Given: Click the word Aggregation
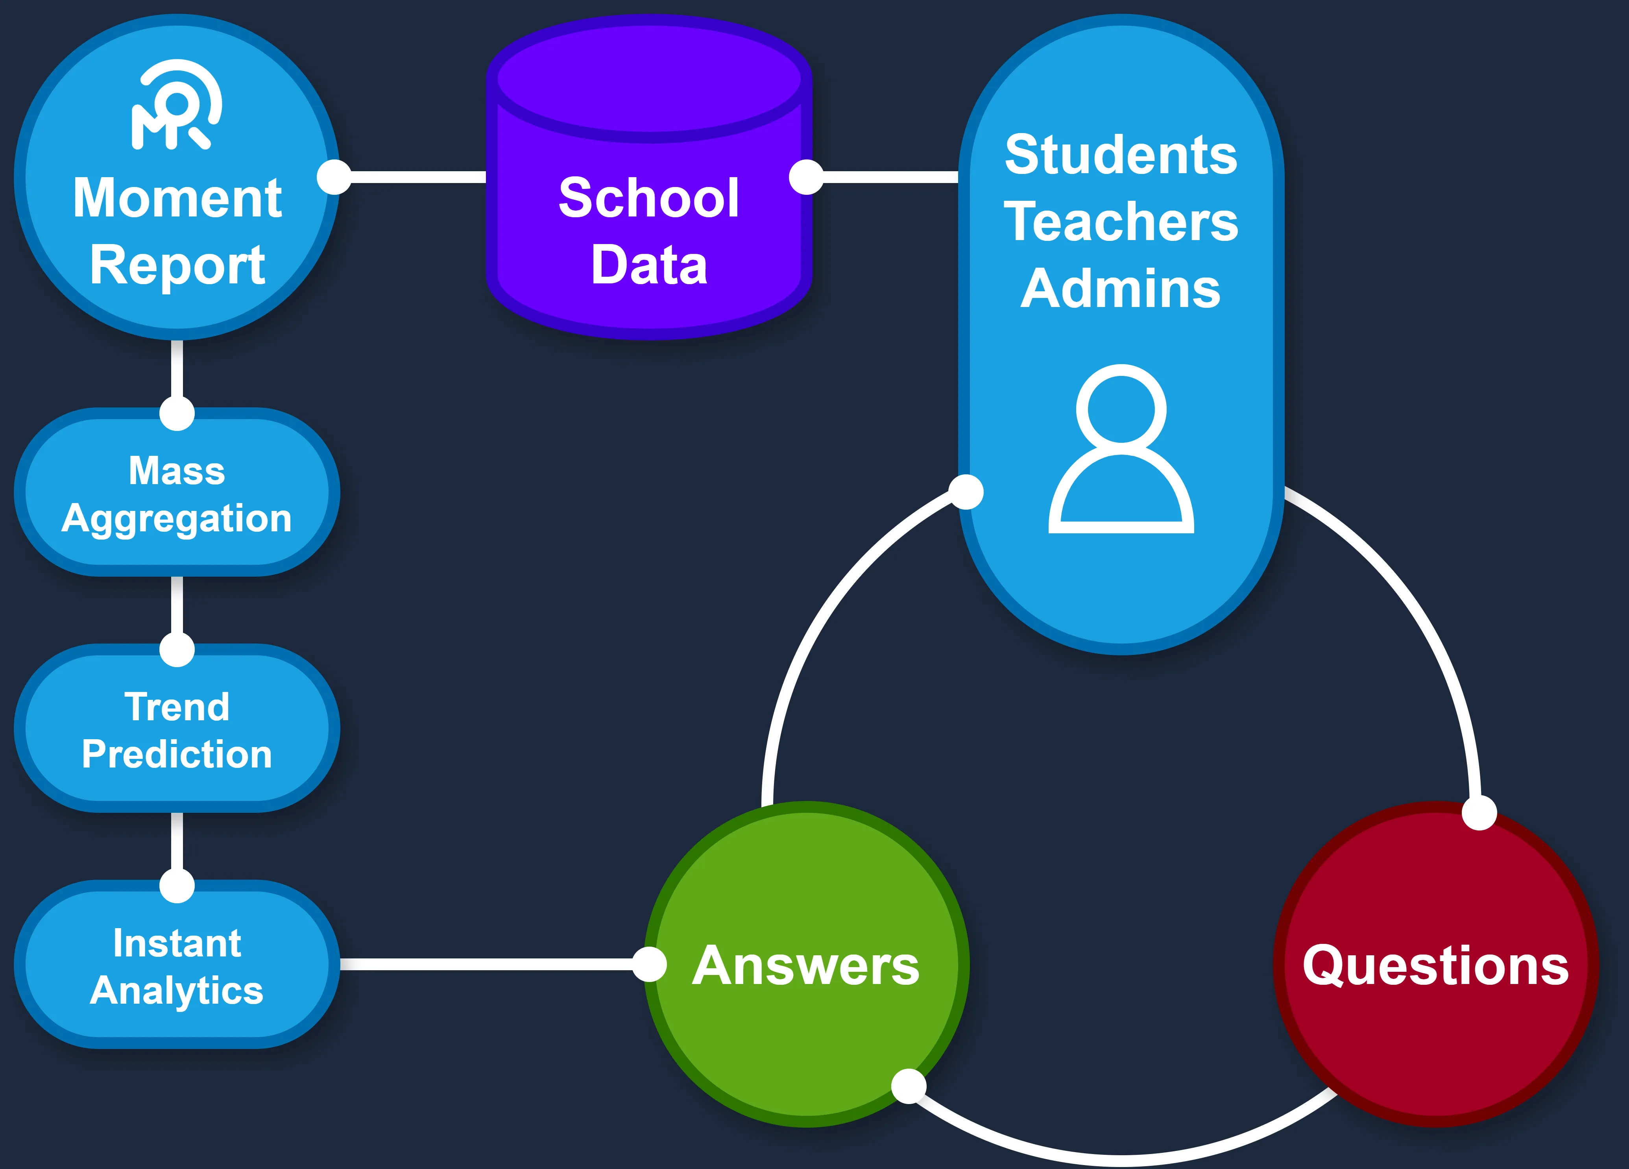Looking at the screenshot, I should pyautogui.click(x=177, y=519).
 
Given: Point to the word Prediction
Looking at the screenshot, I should pyautogui.click(x=177, y=755).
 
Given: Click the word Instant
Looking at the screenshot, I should pyautogui.click(x=177, y=943).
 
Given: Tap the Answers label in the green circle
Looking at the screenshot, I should pyautogui.click(x=806, y=966).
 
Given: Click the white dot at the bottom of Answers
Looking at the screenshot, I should pyautogui.click(x=909, y=1086).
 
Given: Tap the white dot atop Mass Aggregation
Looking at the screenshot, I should pyautogui.click(x=177, y=413).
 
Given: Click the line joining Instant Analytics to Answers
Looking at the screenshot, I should pyautogui.click(x=488, y=964).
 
